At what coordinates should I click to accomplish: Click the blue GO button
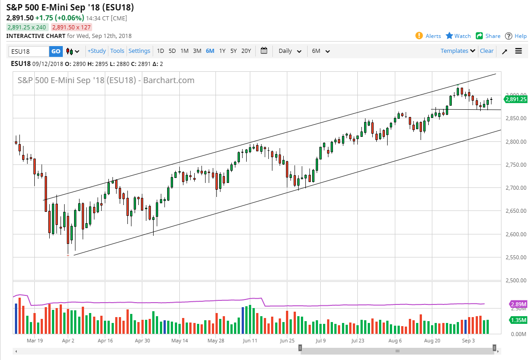pos(55,51)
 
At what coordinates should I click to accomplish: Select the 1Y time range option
pos(222,51)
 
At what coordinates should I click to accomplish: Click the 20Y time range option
pos(246,51)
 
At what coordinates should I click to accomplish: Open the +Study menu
pos(97,51)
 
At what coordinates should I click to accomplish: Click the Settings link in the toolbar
pos(139,51)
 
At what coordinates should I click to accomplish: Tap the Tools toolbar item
pos(117,51)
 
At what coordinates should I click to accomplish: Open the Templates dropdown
pos(458,51)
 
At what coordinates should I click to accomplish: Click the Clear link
pos(487,51)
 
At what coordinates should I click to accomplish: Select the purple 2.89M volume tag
pos(518,304)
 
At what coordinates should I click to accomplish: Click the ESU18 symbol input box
pos(28,51)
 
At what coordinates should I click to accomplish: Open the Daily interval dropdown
pos(290,51)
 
